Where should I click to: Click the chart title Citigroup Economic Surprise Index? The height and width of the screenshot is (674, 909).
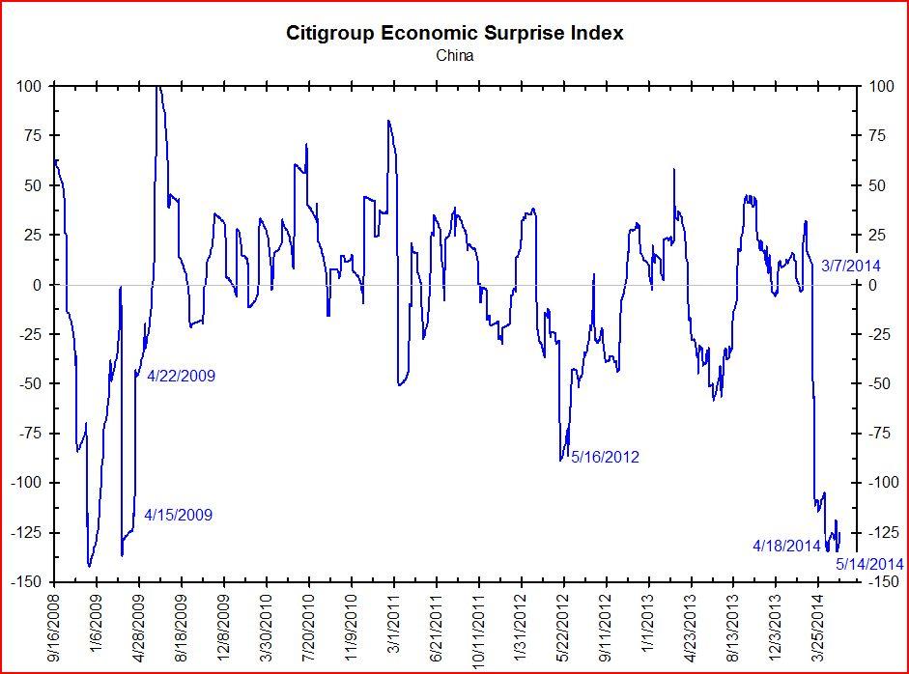454,33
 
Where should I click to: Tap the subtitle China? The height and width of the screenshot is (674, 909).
454,55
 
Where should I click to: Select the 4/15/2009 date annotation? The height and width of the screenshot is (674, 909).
178,515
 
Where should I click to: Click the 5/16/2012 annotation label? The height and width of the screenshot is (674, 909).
605,457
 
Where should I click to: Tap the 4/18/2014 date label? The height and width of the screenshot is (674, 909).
786,546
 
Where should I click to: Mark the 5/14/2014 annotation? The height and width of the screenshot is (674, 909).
869,564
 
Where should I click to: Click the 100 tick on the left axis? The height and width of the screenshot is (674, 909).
29,86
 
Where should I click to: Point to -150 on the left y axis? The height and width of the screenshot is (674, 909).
27,581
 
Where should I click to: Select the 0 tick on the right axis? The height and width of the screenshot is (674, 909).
871,285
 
